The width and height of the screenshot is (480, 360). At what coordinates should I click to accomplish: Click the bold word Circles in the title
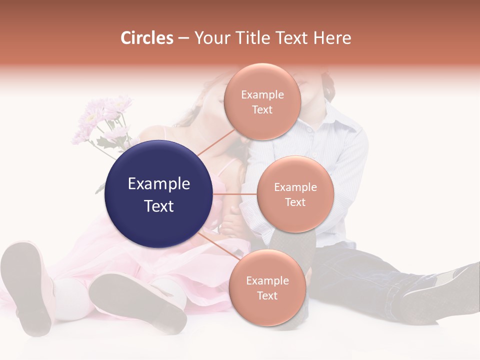(x=147, y=38)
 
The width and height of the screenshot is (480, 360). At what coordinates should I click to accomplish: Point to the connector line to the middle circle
(x=234, y=194)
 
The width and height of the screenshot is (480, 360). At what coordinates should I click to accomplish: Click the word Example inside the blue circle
(x=158, y=184)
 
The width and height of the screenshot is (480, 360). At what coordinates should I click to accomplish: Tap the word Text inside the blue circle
(x=158, y=206)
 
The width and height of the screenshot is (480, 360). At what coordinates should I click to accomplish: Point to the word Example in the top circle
(x=262, y=95)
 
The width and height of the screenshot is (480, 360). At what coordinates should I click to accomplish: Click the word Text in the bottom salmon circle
(x=267, y=295)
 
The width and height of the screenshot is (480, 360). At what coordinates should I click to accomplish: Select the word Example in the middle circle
(x=295, y=187)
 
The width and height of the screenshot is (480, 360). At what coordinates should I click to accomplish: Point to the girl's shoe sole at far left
(x=27, y=285)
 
